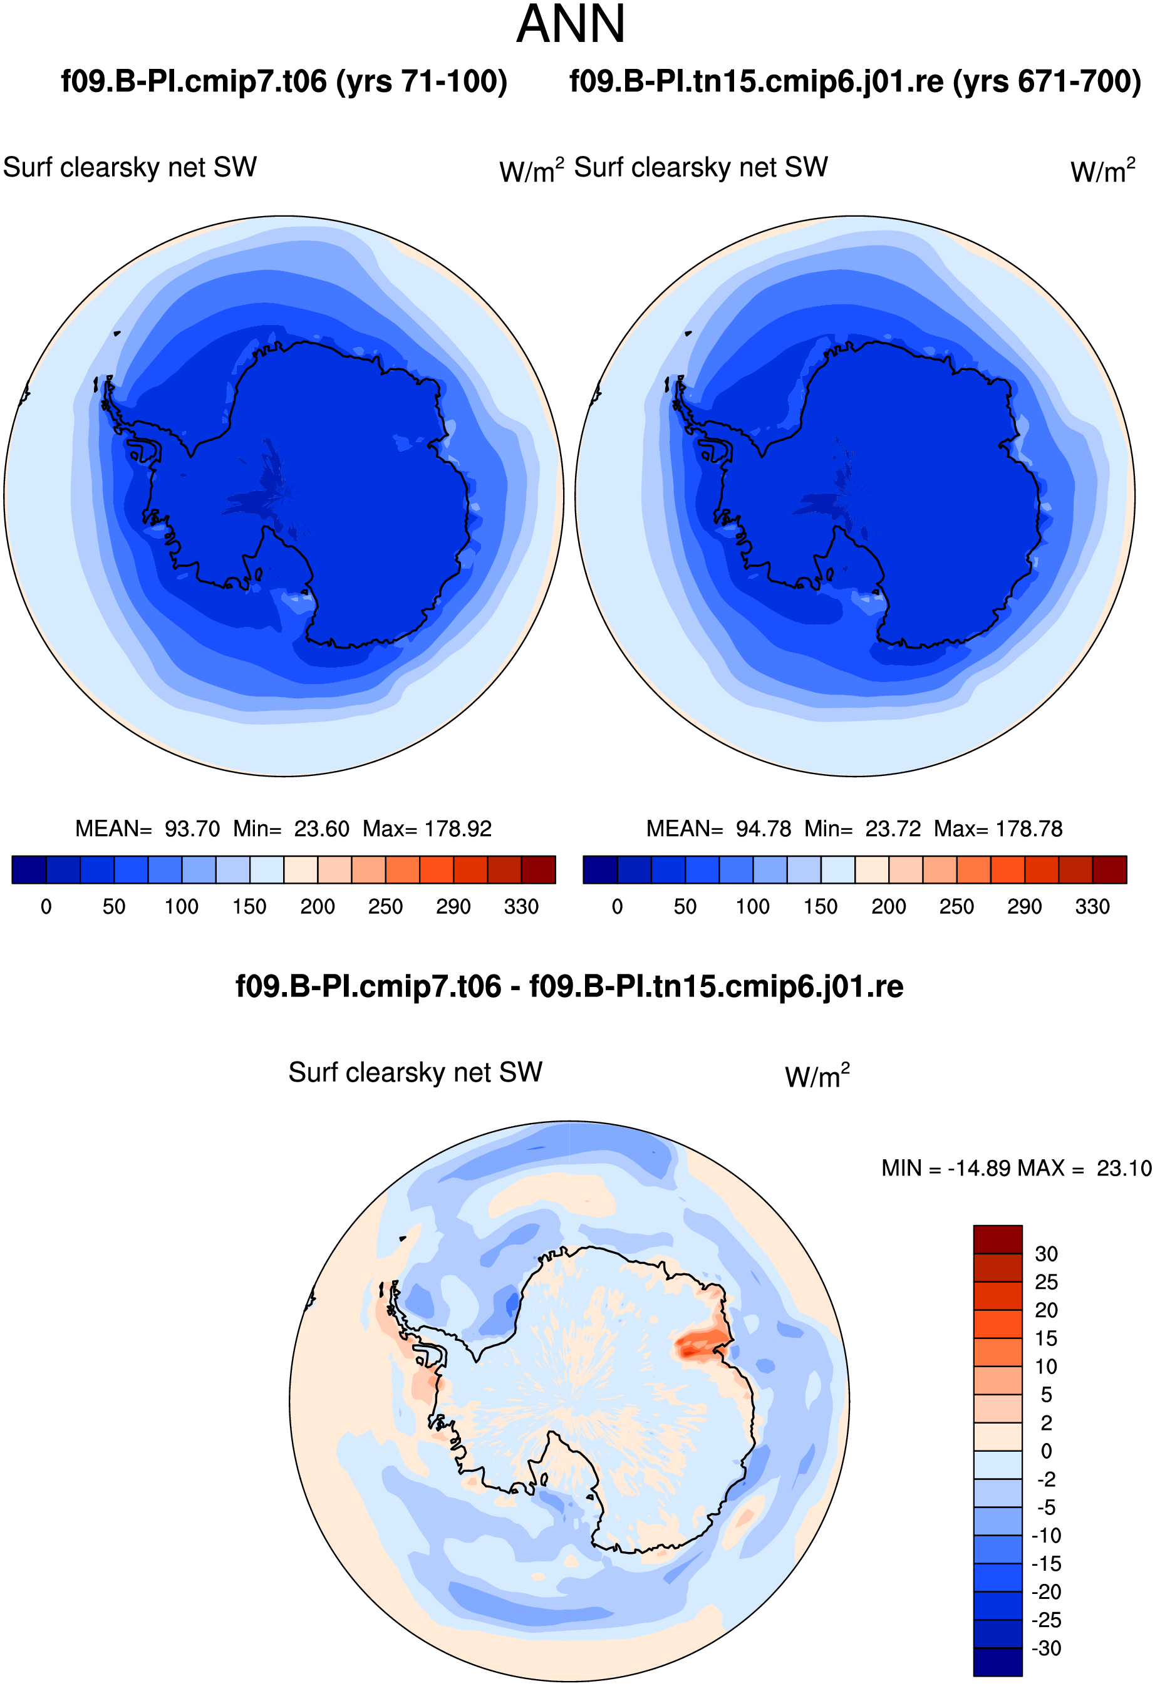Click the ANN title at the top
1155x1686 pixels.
click(570, 24)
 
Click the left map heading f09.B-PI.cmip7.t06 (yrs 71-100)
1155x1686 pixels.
click(284, 81)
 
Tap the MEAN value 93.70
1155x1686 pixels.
click(192, 829)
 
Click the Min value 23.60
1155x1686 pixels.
click(321, 829)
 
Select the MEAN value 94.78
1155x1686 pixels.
click(764, 829)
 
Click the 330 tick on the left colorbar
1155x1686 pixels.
click(521, 906)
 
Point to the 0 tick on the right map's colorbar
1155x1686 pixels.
click(618, 906)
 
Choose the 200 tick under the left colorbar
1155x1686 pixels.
click(318, 906)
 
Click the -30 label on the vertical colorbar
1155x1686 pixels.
click(1046, 1648)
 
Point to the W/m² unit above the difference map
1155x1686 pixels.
click(817, 1076)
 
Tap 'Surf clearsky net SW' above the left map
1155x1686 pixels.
click(130, 168)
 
